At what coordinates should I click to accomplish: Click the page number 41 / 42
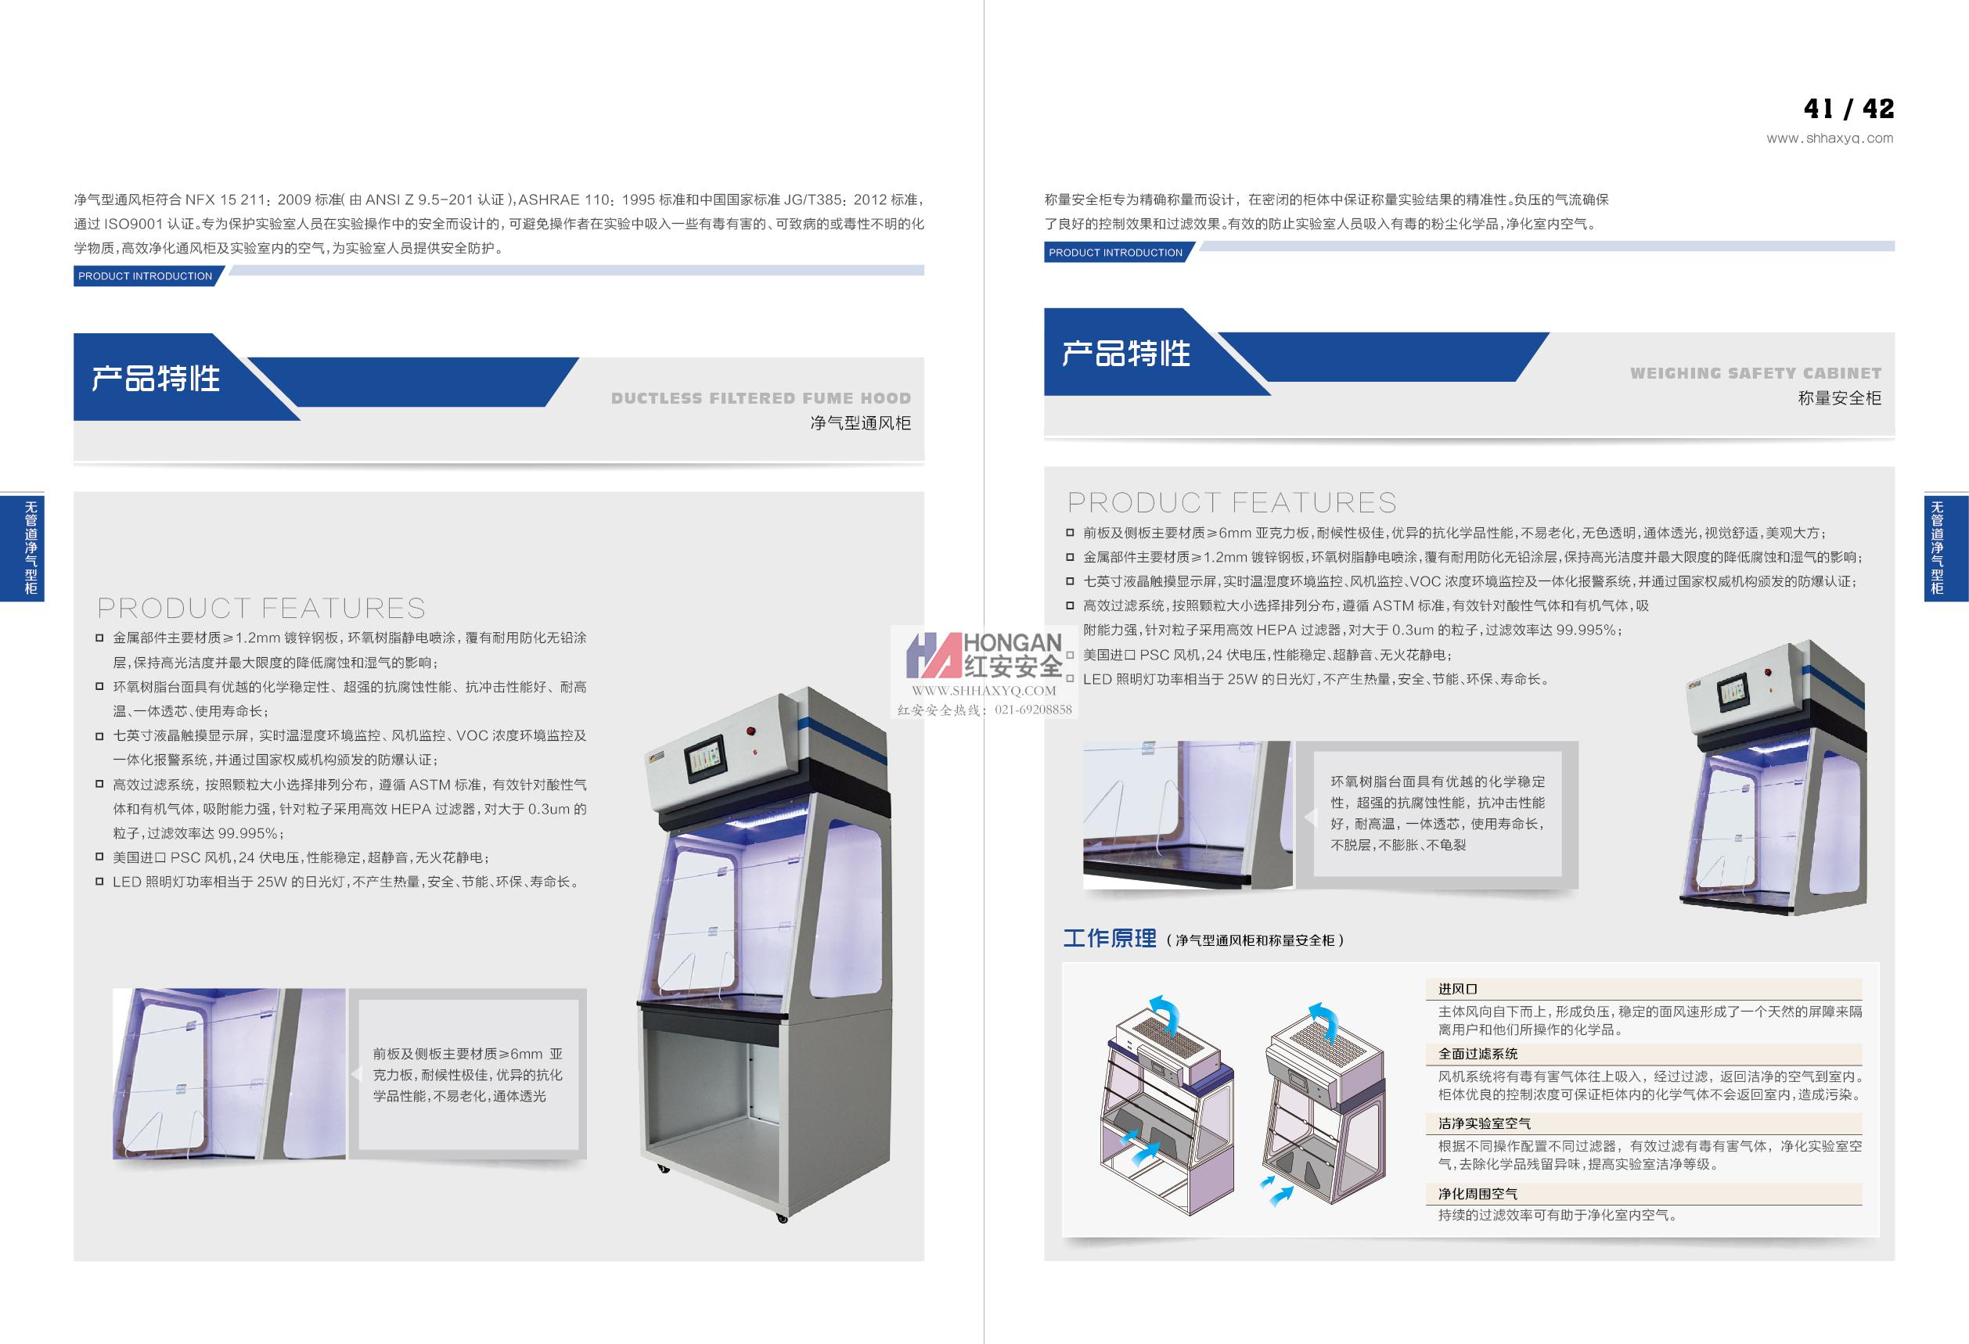pyautogui.click(x=1848, y=109)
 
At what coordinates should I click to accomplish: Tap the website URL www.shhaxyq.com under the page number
pyautogui.click(x=1830, y=138)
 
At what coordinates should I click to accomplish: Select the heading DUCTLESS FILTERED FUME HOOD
pyautogui.click(x=761, y=398)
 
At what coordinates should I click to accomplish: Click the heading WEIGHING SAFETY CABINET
pyautogui.click(x=1755, y=373)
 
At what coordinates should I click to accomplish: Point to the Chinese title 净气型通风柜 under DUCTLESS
pyautogui.click(x=860, y=422)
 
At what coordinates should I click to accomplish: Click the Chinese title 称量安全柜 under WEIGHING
pyautogui.click(x=1839, y=398)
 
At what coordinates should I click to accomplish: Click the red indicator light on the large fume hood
pyautogui.click(x=751, y=729)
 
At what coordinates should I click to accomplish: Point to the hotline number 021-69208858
pyautogui.click(x=1033, y=710)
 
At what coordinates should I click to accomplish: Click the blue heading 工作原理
pyautogui.click(x=1110, y=938)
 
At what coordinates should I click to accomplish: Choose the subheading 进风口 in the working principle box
pyautogui.click(x=1457, y=989)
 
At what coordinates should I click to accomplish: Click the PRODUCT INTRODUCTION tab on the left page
pyautogui.click(x=145, y=276)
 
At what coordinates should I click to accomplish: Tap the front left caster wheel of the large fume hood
pyautogui.click(x=663, y=1170)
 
